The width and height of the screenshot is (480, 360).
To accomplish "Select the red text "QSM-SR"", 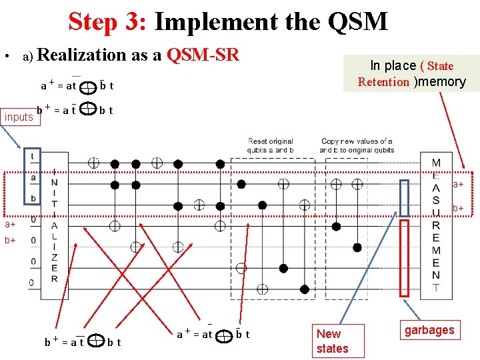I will (203, 55).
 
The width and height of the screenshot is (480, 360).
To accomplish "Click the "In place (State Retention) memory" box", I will (411, 73).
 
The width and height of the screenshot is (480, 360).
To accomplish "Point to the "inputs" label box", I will (19, 117).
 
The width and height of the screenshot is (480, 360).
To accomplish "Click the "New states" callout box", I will (332, 341).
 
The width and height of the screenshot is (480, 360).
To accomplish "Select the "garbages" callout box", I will (429, 329).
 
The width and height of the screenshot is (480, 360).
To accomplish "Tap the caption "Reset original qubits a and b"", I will (270, 145).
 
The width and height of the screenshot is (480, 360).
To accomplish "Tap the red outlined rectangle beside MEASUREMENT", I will (404, 257).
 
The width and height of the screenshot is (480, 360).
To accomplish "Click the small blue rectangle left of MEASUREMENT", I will (404, 198).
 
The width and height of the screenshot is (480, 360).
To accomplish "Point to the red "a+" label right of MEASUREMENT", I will (459, 184).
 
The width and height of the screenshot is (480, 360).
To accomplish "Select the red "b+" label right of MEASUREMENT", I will (459, 209).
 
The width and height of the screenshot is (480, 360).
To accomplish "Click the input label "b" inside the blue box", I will (32, 198).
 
